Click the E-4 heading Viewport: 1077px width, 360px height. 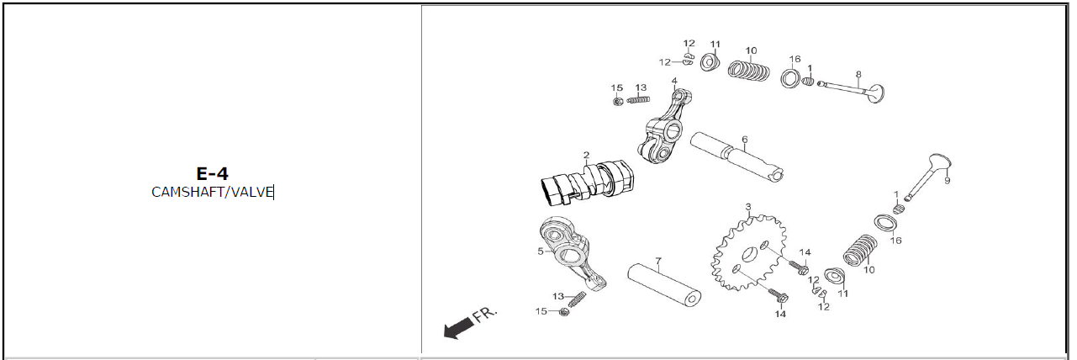coord(212,173)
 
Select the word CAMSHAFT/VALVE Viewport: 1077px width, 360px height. coord(212,192)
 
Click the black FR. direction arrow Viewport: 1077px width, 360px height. coord(457,328)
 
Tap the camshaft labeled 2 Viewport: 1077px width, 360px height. coord(584,183)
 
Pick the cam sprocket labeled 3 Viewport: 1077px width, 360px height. coord(748,252)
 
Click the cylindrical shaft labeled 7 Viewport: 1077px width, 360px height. coord(664,283)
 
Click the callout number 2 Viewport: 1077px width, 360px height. coord(586,155)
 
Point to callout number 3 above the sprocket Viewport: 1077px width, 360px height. coord(747,206)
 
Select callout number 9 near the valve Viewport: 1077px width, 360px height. coord(947,180)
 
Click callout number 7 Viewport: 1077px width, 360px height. coord(658,261)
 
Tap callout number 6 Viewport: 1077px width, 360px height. coord(744,140)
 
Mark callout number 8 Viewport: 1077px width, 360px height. coord(858,74)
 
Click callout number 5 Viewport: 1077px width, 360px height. coord(541,251)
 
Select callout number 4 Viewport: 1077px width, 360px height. coord(673,82)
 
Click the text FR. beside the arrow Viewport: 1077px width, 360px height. coord(485,315)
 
